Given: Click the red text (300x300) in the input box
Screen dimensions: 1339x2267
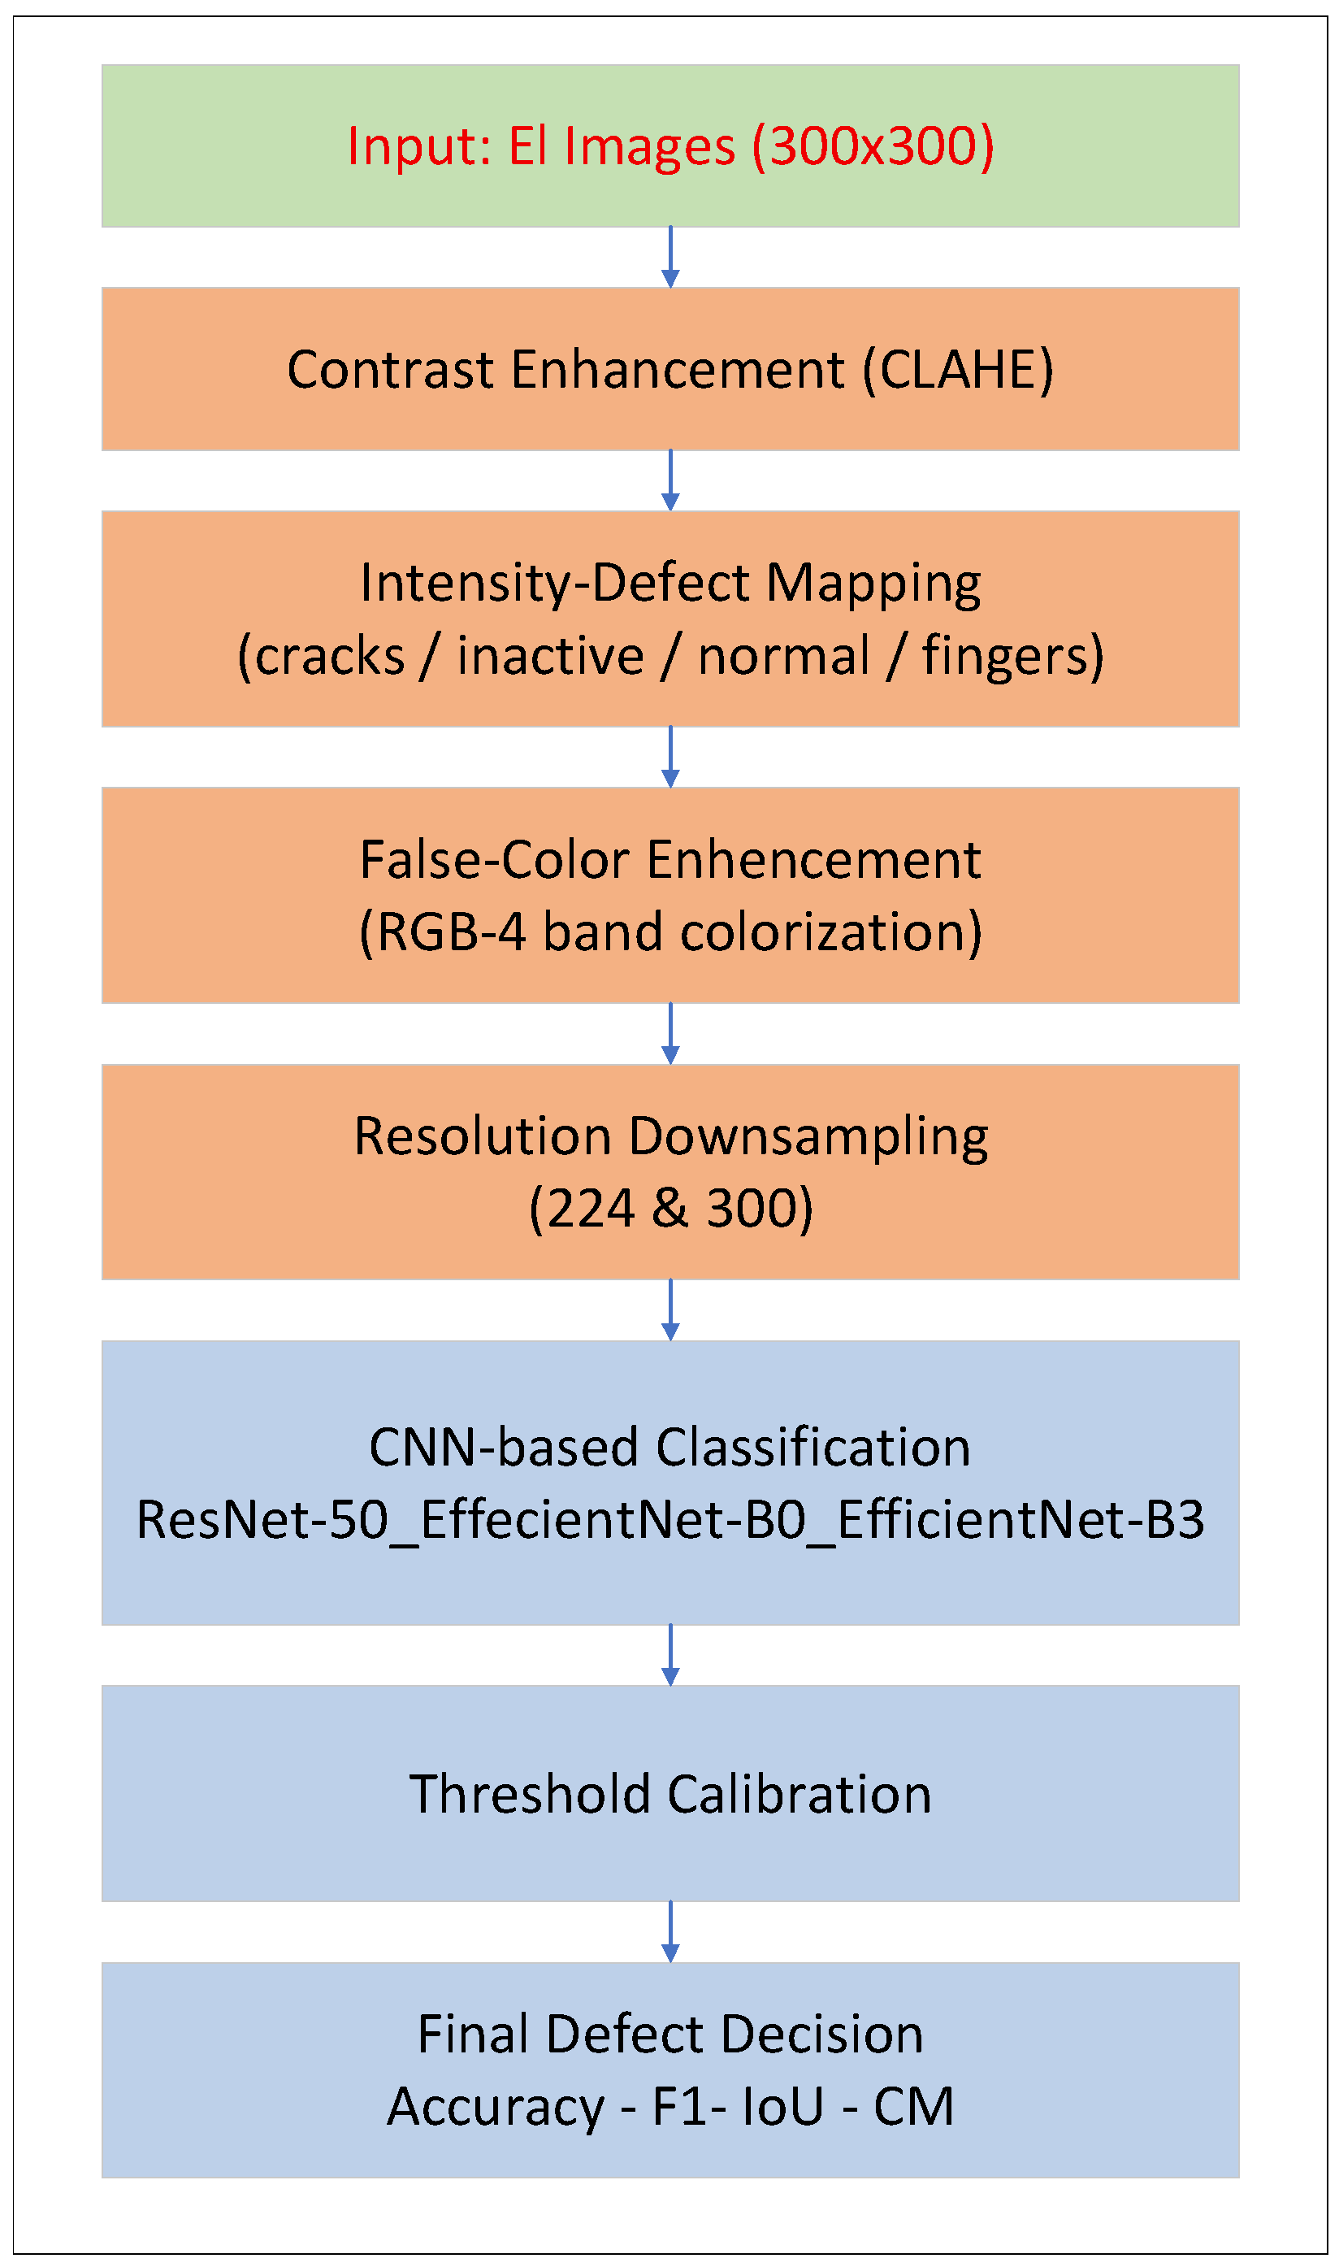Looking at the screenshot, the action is [873, 146].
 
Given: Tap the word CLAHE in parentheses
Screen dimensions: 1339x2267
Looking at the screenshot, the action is [957, 370].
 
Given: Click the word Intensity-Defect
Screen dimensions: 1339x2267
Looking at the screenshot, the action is [554, 583].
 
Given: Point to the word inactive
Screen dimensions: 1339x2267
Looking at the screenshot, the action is [550, 656].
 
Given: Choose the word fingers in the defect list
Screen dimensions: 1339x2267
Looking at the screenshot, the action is [1003, 658].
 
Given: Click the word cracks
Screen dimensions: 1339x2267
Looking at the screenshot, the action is [329, 657].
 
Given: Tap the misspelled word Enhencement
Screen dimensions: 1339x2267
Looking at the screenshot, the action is [814, 860].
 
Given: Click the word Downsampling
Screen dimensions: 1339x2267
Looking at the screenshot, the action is [808, 1138].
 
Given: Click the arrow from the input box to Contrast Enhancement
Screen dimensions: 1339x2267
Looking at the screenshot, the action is [670, 257].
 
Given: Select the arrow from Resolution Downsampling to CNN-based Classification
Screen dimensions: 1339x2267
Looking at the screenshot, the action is [670, 1309].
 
